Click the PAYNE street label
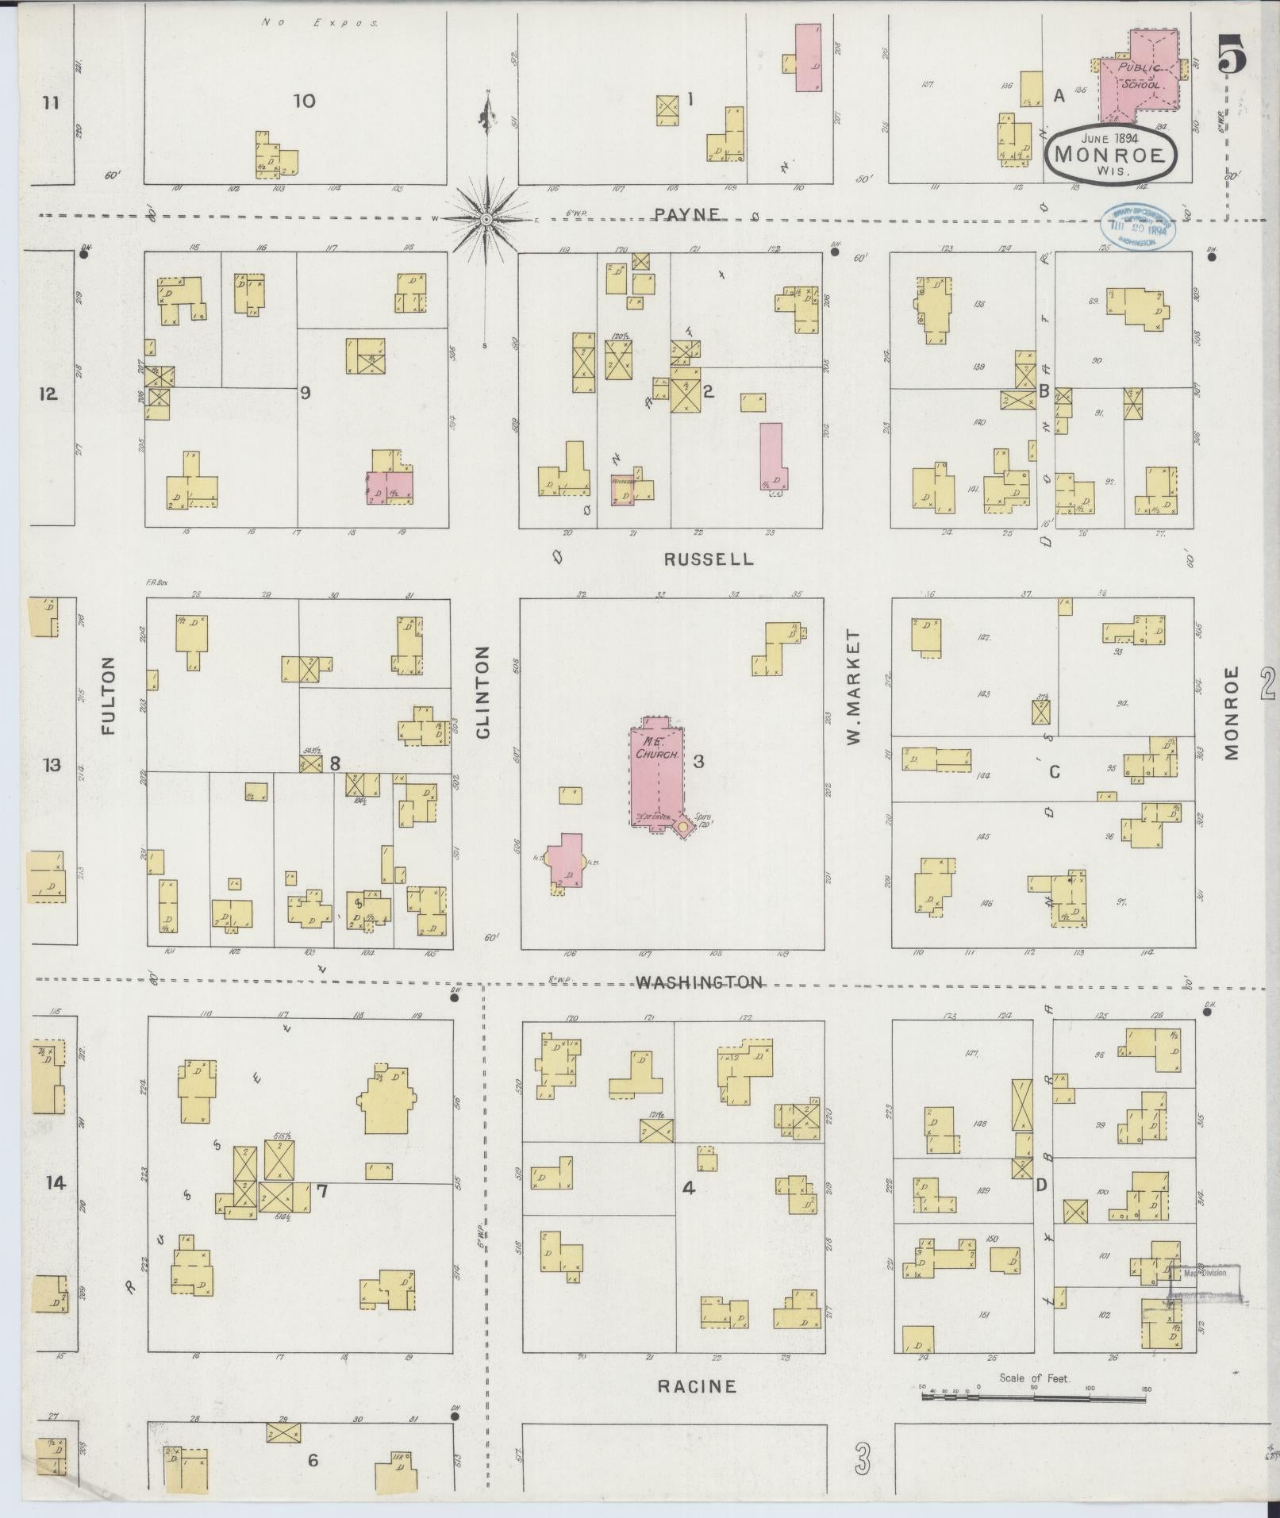click(x=687, y=213)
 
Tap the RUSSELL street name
click(x=709, y=559)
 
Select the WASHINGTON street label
click(x=699, y=982)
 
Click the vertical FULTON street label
click(x=109, y=695)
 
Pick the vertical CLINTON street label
click(x=482, y=692)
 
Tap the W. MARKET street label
click(x=854, y=688)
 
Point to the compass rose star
click(x=486, y=217)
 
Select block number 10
click(x=304, y=101)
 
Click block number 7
click(x=321, y=1191)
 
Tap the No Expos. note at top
click(x=320, y=23)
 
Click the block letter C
click(x=1055, y=771)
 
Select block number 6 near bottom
click(x=313, y=1460)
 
